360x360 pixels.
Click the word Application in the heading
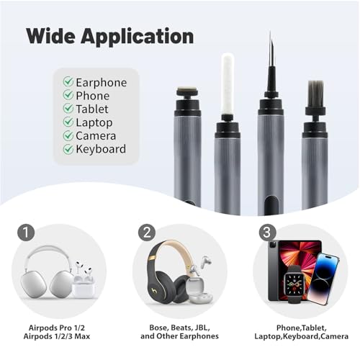tap(137, 37)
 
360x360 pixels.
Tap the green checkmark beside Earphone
tap(68, 81)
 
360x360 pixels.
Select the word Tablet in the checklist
tap(92, 109)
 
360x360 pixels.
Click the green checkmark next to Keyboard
tap(68, 149)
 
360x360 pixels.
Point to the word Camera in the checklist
tap(96, 136)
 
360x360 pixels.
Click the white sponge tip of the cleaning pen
tap(228, 84)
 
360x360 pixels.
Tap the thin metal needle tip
tap(271, 49)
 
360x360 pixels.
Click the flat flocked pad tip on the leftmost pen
tap(187, 91)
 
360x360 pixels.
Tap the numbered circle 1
tap(26, 233)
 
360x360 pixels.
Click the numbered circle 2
tap(147, 233)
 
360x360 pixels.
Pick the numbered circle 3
tap(268, 233)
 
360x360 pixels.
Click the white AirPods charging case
tap(84, 287)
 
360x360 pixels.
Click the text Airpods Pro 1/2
tap(57, 328)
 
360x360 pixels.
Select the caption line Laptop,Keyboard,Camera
tap(301, 336)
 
